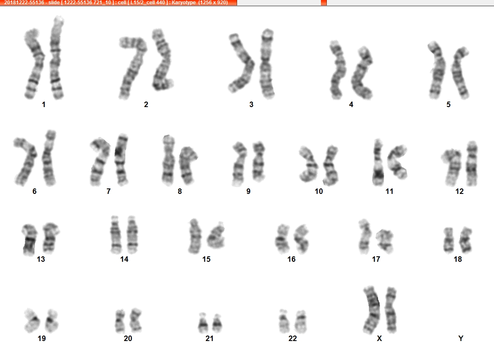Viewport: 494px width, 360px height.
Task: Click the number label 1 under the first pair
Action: click(x=44, y=105)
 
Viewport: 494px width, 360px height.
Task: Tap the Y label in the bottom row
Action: click(x=461, y=339)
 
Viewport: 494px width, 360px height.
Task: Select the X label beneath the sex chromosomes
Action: click(x=379, y=339)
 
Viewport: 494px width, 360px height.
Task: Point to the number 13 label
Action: click(x=41, y=259)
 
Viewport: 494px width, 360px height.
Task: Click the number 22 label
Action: click(x=293, y=339)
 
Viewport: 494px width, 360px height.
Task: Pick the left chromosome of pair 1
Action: click(x=34, y=63)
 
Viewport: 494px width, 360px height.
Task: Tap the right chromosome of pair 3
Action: click(x=267, y=64)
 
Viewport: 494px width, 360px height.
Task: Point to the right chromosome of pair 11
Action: click(x=398, y=162)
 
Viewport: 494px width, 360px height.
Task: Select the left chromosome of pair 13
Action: click(x=29, y=239)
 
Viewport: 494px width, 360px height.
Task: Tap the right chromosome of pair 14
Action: click(x=132, y=235)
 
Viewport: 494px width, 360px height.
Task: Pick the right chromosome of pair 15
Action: click(x=216, y=236)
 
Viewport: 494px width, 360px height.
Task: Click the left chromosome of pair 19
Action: click(x=32, y=321)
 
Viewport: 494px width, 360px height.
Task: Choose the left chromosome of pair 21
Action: click(x=203, y=323)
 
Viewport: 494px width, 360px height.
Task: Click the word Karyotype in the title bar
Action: click(x=183, y=3)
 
